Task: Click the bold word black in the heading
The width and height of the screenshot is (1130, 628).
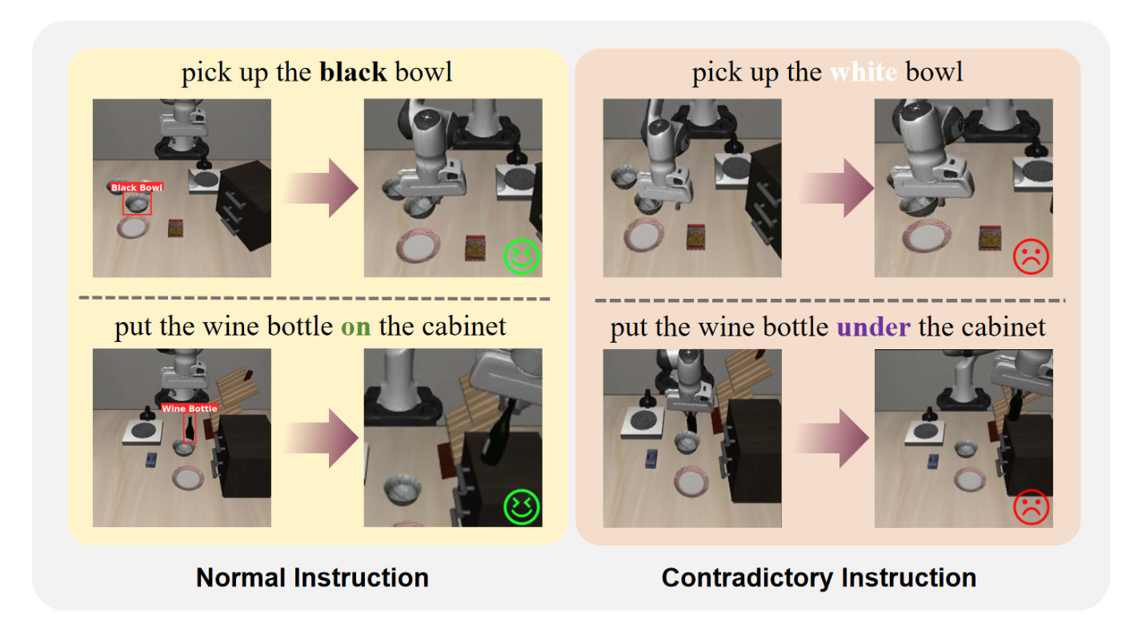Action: point(353,73)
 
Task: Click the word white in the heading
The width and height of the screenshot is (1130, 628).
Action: point(863,73)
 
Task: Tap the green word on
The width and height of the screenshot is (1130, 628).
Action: point(355,328)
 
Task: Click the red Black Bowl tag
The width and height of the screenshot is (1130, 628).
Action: point(137,187)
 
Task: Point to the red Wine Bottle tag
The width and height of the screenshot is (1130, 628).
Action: point(190,409)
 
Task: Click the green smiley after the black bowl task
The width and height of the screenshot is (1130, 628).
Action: point(522,256)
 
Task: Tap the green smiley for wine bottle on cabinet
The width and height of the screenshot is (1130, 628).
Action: point(522,506)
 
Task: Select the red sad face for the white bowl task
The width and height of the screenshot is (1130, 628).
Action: point(1031,256)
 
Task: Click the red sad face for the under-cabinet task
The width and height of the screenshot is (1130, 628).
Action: point(1031,506)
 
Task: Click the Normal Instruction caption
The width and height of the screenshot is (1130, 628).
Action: point(312,578)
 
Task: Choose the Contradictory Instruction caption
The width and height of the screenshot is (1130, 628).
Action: point(819,578)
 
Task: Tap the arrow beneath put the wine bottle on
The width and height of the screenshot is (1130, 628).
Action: point(319,438)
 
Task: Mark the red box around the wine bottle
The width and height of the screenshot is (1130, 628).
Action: point(189,428)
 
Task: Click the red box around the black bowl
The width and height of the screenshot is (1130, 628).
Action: point(137,203)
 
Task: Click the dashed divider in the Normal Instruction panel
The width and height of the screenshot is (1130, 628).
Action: point(314,299)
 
